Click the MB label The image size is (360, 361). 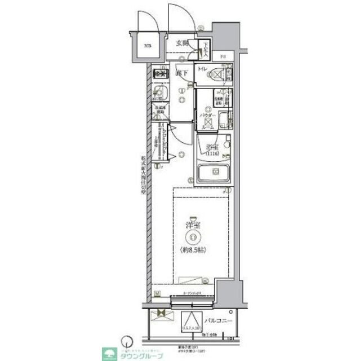pos(146,46)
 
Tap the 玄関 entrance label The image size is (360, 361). pos(181,43)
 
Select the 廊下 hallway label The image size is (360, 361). pos(181,73)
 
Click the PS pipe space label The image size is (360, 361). pos(223,56)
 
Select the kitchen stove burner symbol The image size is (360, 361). pos(160,74)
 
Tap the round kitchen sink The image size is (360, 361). pos(159,94)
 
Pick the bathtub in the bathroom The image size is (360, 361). pos(213,173)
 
